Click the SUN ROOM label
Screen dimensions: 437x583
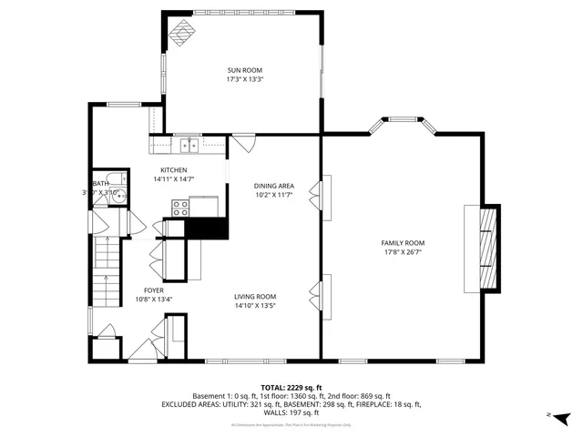245,69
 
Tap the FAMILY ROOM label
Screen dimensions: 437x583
403,243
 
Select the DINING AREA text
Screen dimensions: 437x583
273,186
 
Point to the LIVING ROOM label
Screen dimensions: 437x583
255,297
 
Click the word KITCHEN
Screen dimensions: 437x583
173,170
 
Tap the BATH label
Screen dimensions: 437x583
100,183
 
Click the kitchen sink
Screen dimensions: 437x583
190,144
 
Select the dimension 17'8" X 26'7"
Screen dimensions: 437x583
403,252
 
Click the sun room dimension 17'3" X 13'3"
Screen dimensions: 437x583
245,79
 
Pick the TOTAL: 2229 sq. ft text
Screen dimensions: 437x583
291,387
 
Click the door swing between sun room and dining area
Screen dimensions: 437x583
244,144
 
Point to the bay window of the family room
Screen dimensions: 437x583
402,121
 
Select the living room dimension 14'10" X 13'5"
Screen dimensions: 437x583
255,306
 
